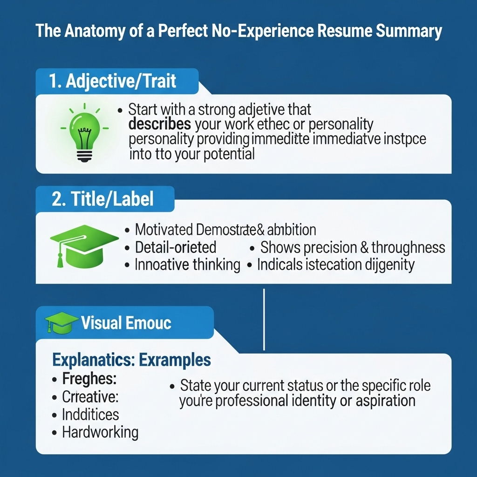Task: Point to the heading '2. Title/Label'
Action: point(102,199)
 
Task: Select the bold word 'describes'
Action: point(160,124)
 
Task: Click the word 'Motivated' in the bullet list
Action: point(164,230)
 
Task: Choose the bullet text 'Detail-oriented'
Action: point(176,247)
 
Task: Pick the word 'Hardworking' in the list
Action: point(100,432)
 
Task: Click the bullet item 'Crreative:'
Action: point(90,397)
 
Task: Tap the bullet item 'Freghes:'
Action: point(89,379)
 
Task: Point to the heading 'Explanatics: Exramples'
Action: point(131,360)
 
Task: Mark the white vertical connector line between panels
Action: point(264,319)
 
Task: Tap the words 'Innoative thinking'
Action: point(187,265)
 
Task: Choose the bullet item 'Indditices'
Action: point(90,414)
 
